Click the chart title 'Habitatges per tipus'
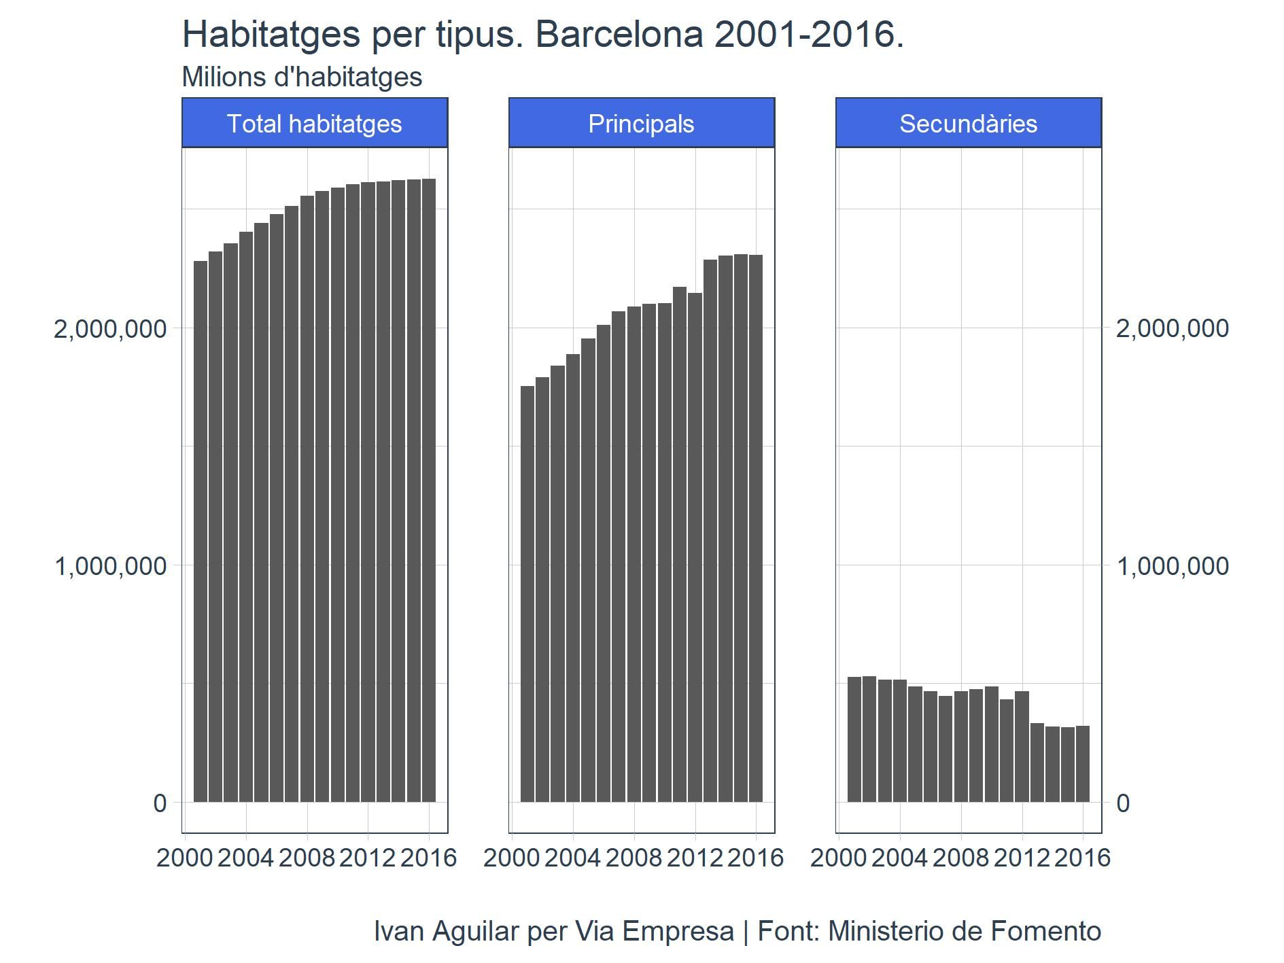click(x=542, y=34)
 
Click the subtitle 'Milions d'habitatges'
click(x=302, y=77)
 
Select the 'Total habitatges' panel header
click(x=314, y=123)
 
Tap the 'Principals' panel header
click(x=641, y=123)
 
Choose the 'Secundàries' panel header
click(x=968, y=123)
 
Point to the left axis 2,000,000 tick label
click(x=110, y=328)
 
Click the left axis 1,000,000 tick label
click(x=110, y=565)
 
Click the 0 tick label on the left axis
click(x=160, y=803)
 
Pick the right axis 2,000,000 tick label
click(x=1172, y=328)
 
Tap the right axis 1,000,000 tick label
click(x=1172, y=565)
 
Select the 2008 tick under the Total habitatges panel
click(x=307, y=858)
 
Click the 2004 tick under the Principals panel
click(x=572, y=858)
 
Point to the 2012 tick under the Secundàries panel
click(x=1022, y=858)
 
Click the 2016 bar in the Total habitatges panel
click(x=428, y=489)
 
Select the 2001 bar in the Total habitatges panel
click(x=201, y=530)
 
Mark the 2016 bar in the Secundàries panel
click(x=1082, y=764)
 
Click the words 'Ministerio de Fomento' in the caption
click(x=964, y=931)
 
